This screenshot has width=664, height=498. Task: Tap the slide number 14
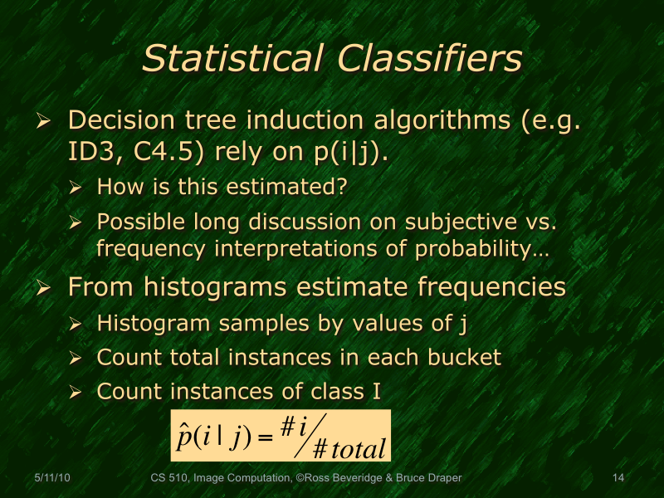[x=618, y=477]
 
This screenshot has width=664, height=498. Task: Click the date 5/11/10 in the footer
[x=51, y=477]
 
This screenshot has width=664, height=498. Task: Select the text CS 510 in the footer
[x=171, y=477]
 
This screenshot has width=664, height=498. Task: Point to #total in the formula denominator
[x=348, y=449]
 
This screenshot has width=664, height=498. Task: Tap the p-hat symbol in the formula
[x=184, y=436]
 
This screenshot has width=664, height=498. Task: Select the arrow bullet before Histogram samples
[x=75, y=324]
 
